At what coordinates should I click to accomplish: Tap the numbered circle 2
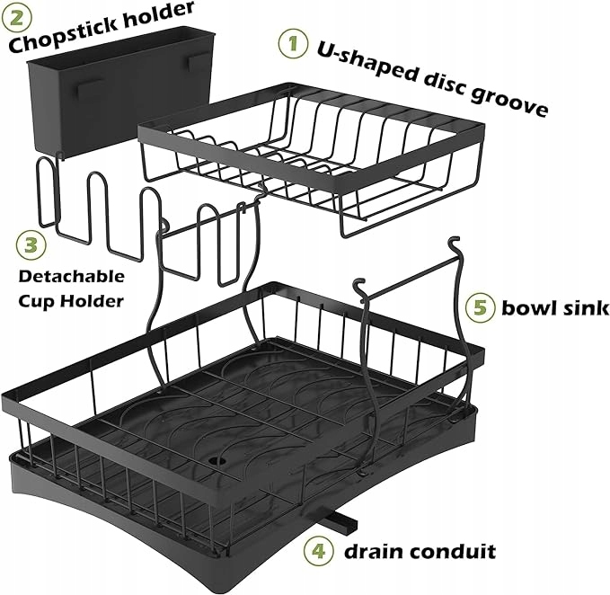(x=19, y=16)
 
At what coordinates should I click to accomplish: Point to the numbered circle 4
(x=317, y=548)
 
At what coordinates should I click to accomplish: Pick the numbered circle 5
(x=481, y=308)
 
